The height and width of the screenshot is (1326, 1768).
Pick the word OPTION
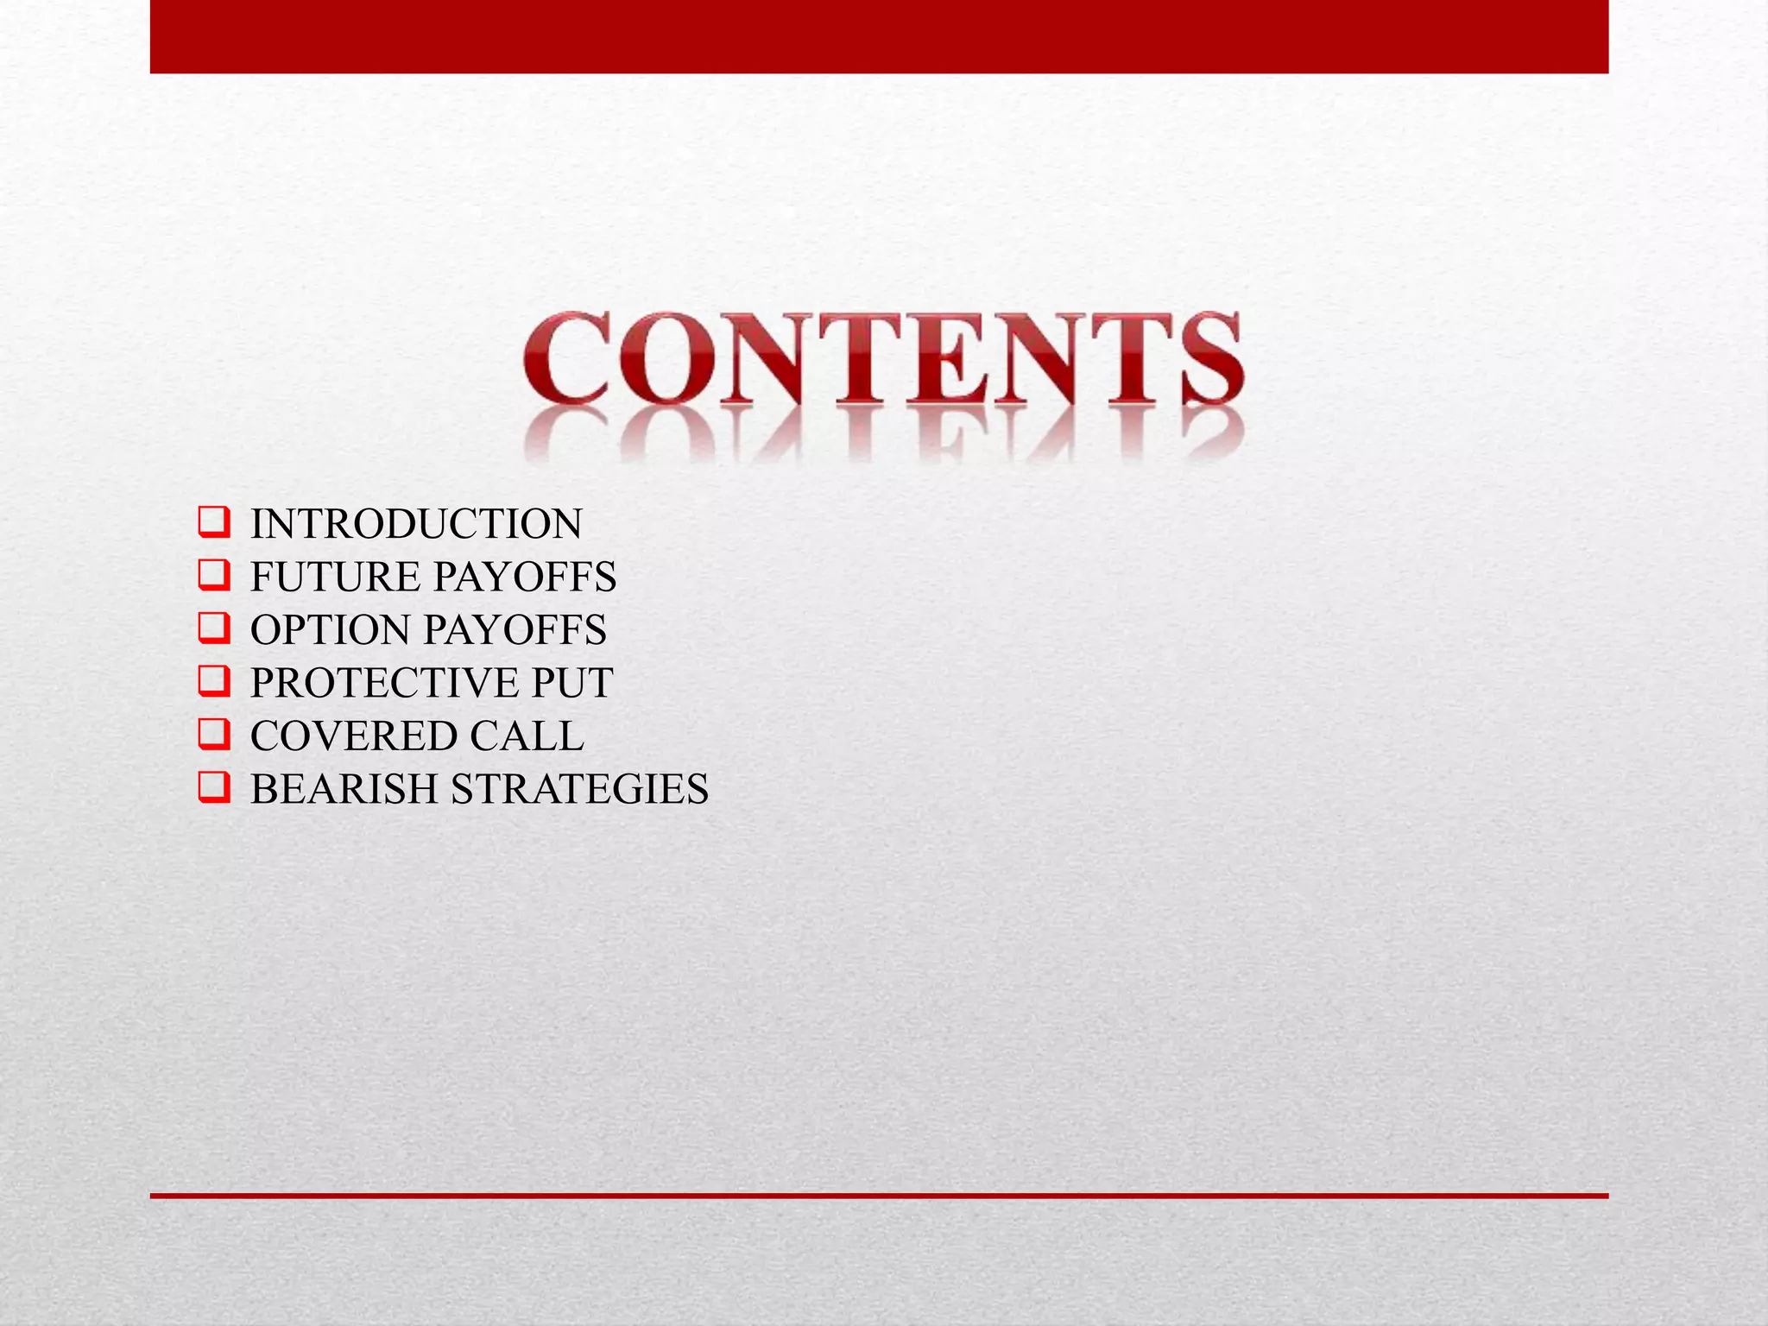click(330, 630)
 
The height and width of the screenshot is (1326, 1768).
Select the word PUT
click(571, 683)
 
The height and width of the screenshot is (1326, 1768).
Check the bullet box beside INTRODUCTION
click(213, 523)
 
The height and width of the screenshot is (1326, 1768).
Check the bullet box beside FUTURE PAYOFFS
click(213, 576)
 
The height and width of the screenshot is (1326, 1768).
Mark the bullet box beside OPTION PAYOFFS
click(213, 628)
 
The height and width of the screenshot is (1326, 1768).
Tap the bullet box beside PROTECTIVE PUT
click(213, 682)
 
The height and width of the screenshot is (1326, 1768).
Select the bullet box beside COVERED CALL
click(213, 735)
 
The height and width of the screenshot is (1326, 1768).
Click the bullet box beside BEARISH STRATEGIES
click(213, 788)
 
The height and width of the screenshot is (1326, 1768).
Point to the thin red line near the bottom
click(879, 1196)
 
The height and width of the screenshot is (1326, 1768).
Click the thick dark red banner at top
click(879, 36)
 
